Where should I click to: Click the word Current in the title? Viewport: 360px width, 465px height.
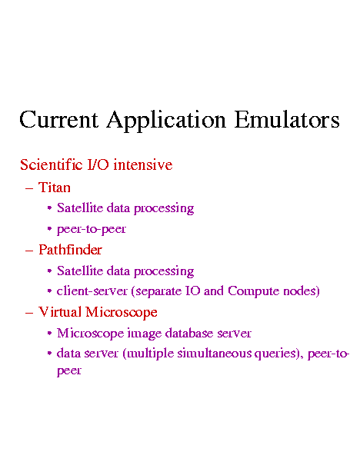pyautogui.click(x=58, y=119)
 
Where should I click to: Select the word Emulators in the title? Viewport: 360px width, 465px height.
pyautogui.click(x=287, y=119)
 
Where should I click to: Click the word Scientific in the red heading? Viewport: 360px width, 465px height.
pyautogui.click(x=51, y=164)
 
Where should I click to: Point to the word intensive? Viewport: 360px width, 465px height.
pyautogui.click(x=143, y=165)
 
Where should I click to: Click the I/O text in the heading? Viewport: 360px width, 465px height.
pyautogui.click(x=98, y=164)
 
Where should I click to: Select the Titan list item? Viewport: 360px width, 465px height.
pyautogui.click(x=55, y=188)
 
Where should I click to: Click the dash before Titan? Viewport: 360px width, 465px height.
pyautogui.click(x=29, y=188)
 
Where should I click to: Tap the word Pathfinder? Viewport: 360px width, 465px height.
pyautogui.click(x=70, y=250)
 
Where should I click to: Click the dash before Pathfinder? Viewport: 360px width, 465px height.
pyautogui.click(x=29, y=251)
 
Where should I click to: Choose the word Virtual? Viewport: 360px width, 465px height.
pyautogui.click(x=60, y=312)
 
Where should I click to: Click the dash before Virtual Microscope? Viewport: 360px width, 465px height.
pyautogui.click(x=29, y=313)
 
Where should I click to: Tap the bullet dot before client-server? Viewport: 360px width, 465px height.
pyautogui.click(x=49, y=291)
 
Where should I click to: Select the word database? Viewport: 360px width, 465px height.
pyautogui.click(x=189, y=333)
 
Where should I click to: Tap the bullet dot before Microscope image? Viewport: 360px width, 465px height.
pyautogui.click(x=49, y=334)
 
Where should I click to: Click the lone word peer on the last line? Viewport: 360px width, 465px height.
pyautogui.click(x=69, y=371)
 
